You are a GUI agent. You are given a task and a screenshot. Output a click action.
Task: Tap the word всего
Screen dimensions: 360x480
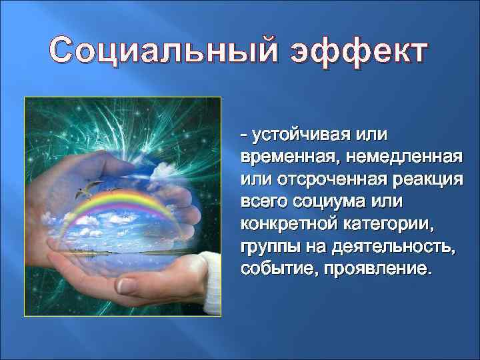262,203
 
